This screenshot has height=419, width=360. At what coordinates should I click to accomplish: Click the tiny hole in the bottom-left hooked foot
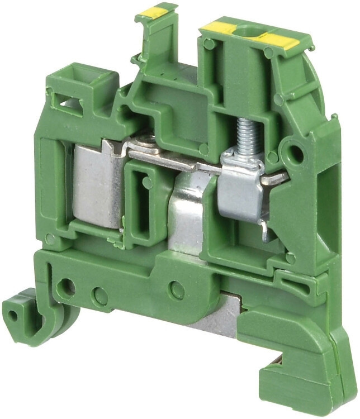click(13, 315)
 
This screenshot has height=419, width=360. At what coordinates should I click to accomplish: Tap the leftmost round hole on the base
click(67, 288)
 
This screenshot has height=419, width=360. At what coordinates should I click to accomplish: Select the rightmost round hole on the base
click(177, 289)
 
